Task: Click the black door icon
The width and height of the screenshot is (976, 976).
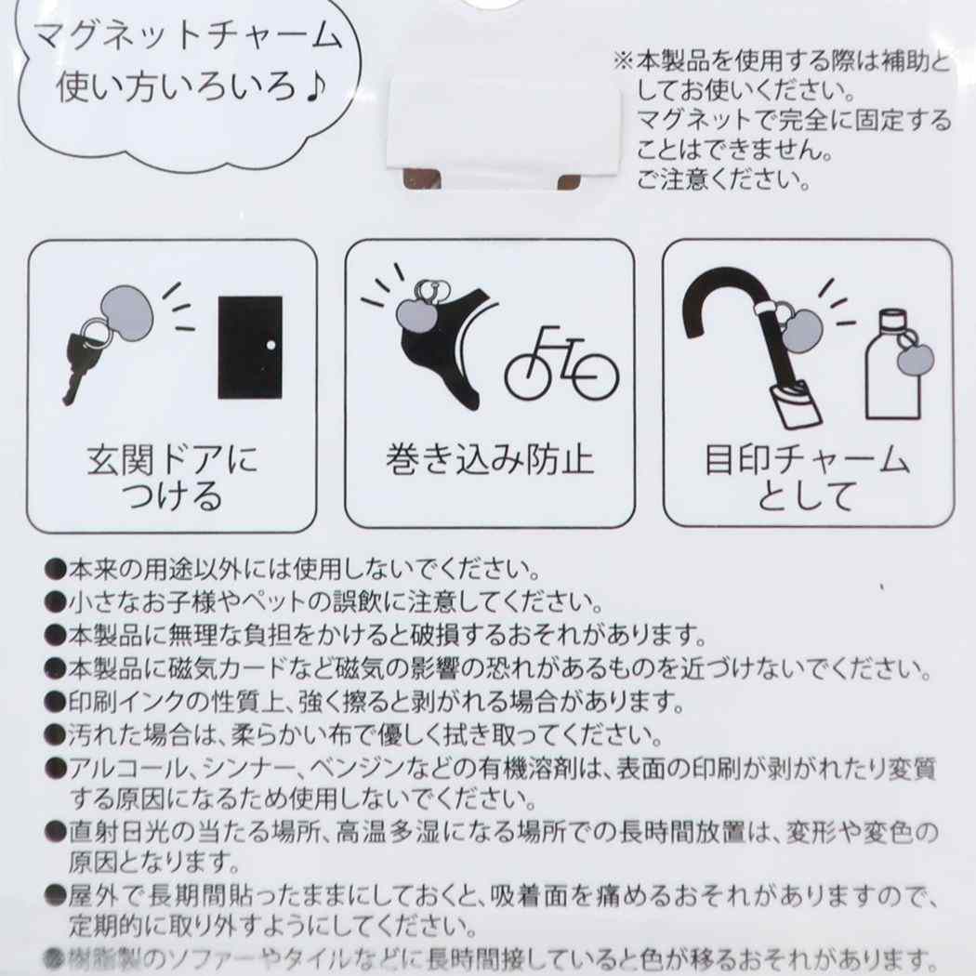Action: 250,347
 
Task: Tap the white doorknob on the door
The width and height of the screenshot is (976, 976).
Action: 270,344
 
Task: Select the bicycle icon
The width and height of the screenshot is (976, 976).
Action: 561,364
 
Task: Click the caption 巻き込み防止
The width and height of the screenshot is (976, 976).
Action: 489,461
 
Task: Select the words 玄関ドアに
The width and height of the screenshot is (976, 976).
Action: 172,461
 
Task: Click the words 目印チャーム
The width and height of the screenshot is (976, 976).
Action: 807,461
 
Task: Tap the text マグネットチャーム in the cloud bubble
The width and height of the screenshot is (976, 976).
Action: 188,36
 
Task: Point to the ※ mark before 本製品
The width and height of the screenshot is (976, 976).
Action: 624,61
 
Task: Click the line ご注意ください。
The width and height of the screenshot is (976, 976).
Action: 723,180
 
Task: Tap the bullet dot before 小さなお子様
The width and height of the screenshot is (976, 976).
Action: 55,601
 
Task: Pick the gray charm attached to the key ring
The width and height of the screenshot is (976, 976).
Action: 126,313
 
